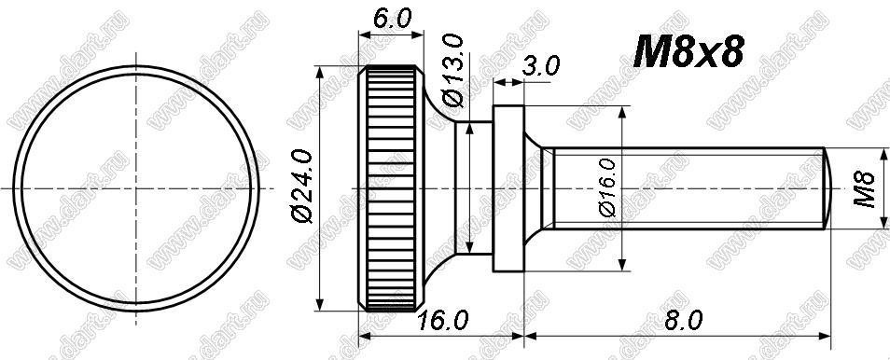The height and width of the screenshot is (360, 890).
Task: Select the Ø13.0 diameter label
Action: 454,70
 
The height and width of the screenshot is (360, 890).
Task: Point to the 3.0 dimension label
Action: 541,66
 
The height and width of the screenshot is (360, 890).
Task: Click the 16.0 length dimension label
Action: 442,321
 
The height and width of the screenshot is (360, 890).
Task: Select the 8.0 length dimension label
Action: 683,321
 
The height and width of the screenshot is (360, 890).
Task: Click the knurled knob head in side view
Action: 391,188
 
